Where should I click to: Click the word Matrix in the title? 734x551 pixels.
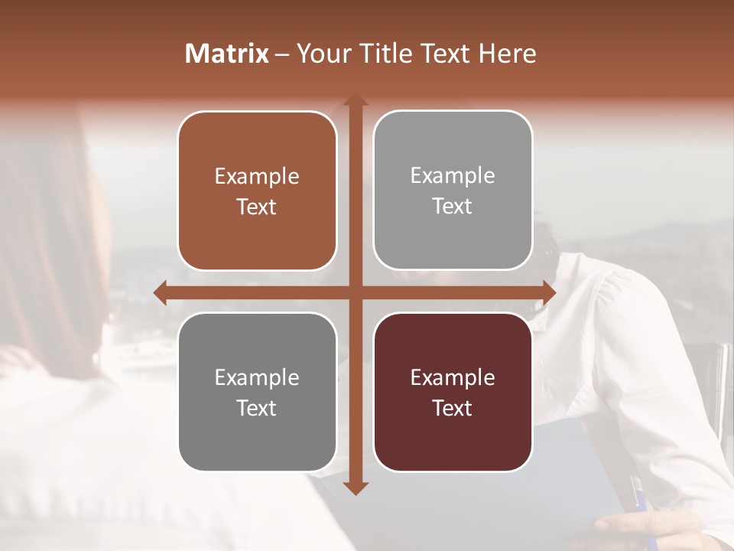pyautogui.click(x=227, y=54)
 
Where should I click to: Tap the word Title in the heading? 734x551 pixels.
pyautogui.click(x=378, y=54)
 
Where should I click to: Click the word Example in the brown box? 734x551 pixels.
pyautogui.click(x=257, y=177)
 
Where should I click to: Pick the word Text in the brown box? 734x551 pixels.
pyautogui.click(x=257, y=207)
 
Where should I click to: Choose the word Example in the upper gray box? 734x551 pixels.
pyautogui.click(x=453, y=176)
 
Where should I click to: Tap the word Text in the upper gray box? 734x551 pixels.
pyautogui.click(x=453, y=207)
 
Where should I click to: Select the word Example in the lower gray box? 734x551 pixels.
pyautogui.click(x=257, y=378)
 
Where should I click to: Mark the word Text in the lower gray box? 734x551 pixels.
pyautogui.click(x=257, y=409)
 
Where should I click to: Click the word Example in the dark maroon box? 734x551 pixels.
pyautogui.click(x=453, y=378)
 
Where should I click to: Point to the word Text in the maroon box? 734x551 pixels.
pyautogui.click(x=453, y=409)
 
